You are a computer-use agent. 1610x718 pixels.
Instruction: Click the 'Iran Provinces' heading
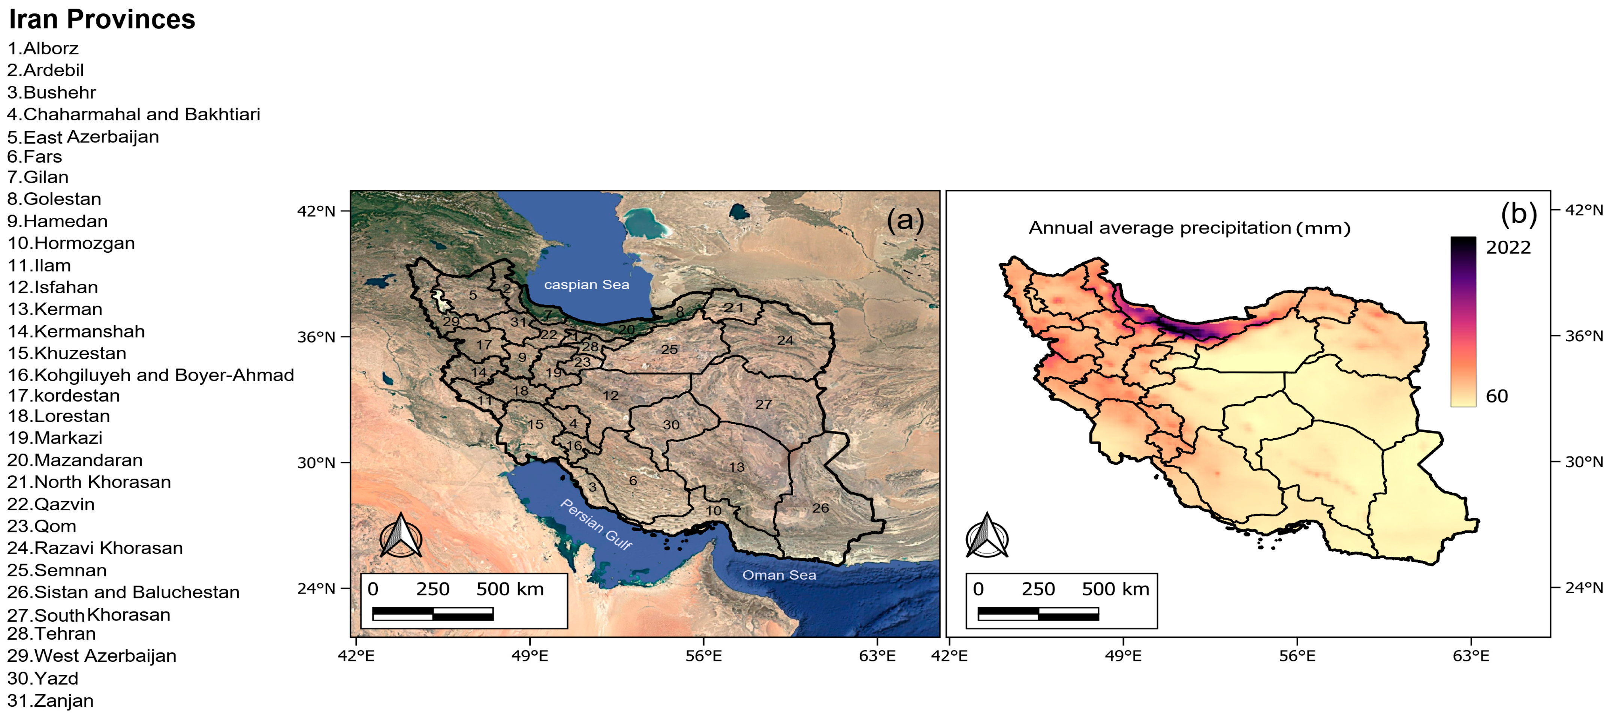coord(102,19)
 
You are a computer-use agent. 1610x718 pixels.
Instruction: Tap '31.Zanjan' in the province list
coord(51,700)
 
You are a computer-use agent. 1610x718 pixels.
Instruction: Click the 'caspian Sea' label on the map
coord(586,285)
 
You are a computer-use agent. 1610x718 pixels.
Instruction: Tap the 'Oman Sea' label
coord(779,575)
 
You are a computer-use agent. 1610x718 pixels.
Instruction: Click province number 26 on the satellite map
coord(820,508)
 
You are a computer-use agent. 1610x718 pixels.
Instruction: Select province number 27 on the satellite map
coord(763,404)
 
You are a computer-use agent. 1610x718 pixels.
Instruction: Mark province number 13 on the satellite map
coord(736,466)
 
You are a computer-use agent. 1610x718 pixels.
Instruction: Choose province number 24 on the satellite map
coord(785,340)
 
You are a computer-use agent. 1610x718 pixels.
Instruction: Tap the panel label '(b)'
coord(1518,214)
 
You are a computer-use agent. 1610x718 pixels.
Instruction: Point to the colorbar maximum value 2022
coord(1508,248)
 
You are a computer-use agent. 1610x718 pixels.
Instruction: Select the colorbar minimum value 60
coord(1496,396)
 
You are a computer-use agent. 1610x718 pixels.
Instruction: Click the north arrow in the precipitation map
coord(987,536)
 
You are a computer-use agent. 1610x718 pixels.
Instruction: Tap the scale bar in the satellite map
coord(432,613)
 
